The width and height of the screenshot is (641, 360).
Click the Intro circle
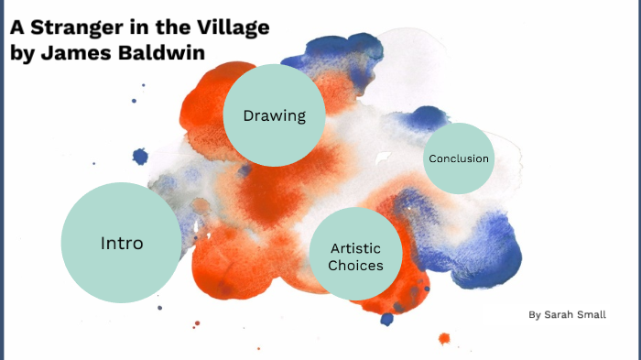pos(121,243)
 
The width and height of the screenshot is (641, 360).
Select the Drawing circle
pos(274,115)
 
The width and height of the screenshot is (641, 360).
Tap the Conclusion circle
pos(458,158)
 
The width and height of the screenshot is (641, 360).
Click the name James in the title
pos(76,51)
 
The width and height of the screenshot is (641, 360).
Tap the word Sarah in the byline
pos(561,315)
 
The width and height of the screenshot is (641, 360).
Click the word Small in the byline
pos(595,315)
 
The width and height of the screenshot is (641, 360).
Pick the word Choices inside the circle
pos(356,267)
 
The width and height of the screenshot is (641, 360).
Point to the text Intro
pos(121,244)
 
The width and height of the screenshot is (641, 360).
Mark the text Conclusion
pos(458,158)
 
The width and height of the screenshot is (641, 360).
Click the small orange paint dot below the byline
pos(444,338)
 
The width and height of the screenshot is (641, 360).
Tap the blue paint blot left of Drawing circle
pos(140,157)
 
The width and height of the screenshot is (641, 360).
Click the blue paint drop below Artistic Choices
pos(387,319)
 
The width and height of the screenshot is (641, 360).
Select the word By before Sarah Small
pos(535,315)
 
